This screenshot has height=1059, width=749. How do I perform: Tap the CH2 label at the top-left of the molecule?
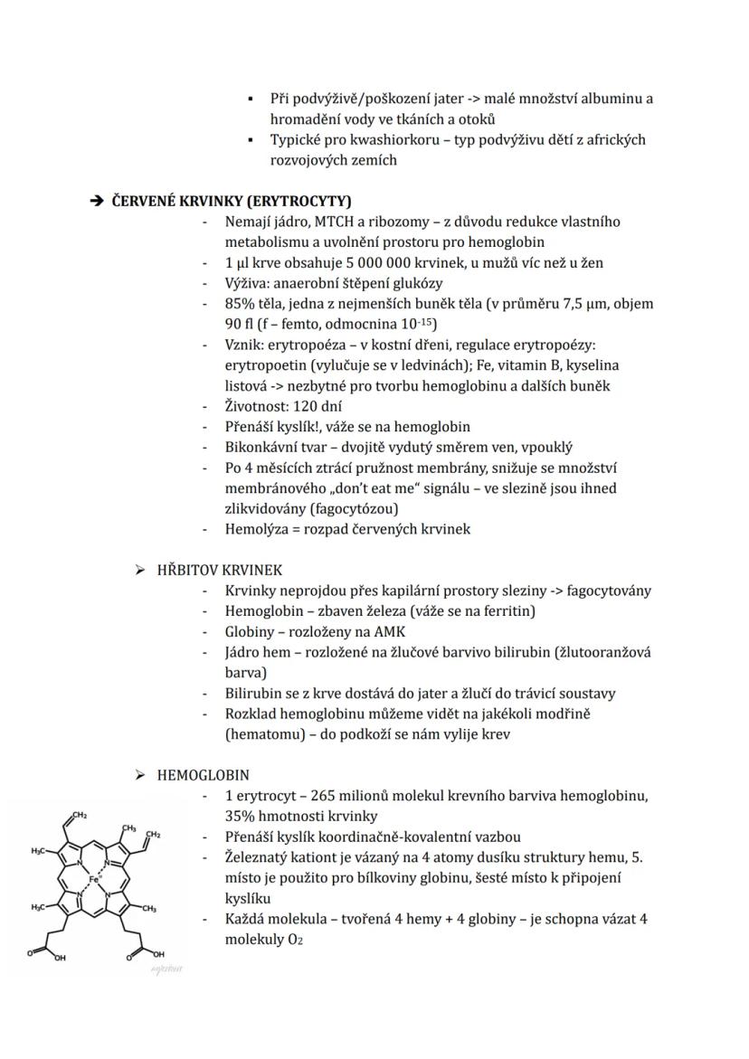81,816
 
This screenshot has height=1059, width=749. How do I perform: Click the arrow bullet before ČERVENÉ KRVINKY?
97,201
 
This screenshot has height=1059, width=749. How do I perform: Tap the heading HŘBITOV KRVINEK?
219,570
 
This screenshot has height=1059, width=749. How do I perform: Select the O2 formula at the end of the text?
292,940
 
